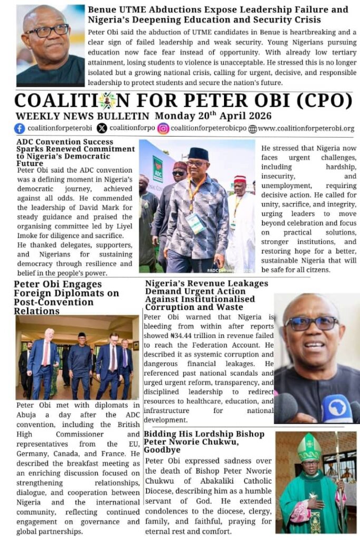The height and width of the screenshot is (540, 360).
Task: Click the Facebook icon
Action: [x=20, y=128]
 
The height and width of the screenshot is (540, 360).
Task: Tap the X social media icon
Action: [x=102, y=128]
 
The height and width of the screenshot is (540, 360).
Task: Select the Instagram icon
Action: [x=163, y=128]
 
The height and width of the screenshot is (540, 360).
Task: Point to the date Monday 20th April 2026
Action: [x=213, y=116]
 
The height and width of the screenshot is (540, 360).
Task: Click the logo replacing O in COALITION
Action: [x=107, y=101]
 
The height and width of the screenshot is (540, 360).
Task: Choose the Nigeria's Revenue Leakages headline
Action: [x=207, y=295]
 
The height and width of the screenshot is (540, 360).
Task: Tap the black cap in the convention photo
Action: [x=198, y=154]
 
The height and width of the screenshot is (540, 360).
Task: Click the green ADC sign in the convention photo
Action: [x=158, y=169]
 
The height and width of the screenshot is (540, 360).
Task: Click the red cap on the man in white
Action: [x=240, y=179]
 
